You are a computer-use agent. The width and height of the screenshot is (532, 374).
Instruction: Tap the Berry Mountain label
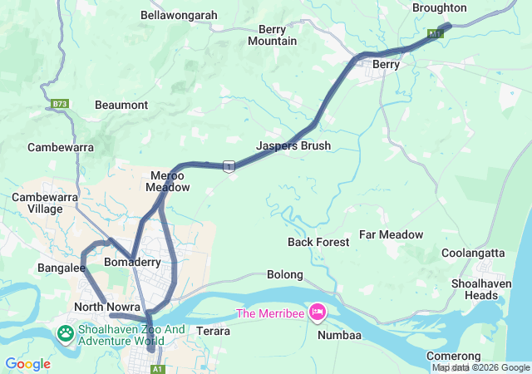point(273,35)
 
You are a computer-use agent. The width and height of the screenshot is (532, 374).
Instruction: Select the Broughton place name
point(440,7)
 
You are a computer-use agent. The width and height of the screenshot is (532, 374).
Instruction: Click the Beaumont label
point(121,106)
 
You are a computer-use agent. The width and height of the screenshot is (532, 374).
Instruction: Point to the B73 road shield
point(59,105)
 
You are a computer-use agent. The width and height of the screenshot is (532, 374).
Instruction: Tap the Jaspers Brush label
point(293,145)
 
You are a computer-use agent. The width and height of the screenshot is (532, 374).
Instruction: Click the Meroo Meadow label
point(168,181)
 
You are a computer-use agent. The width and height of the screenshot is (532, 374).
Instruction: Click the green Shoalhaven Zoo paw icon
point(66,332)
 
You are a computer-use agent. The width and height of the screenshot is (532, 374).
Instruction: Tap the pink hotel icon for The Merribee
point(317,313)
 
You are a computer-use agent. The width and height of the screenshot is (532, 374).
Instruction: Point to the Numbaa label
point(339,335)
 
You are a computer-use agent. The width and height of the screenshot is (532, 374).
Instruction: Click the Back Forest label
point(318,242)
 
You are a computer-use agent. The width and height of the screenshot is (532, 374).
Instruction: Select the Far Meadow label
point(391,235)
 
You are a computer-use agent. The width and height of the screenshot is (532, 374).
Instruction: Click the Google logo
point(27,364)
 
